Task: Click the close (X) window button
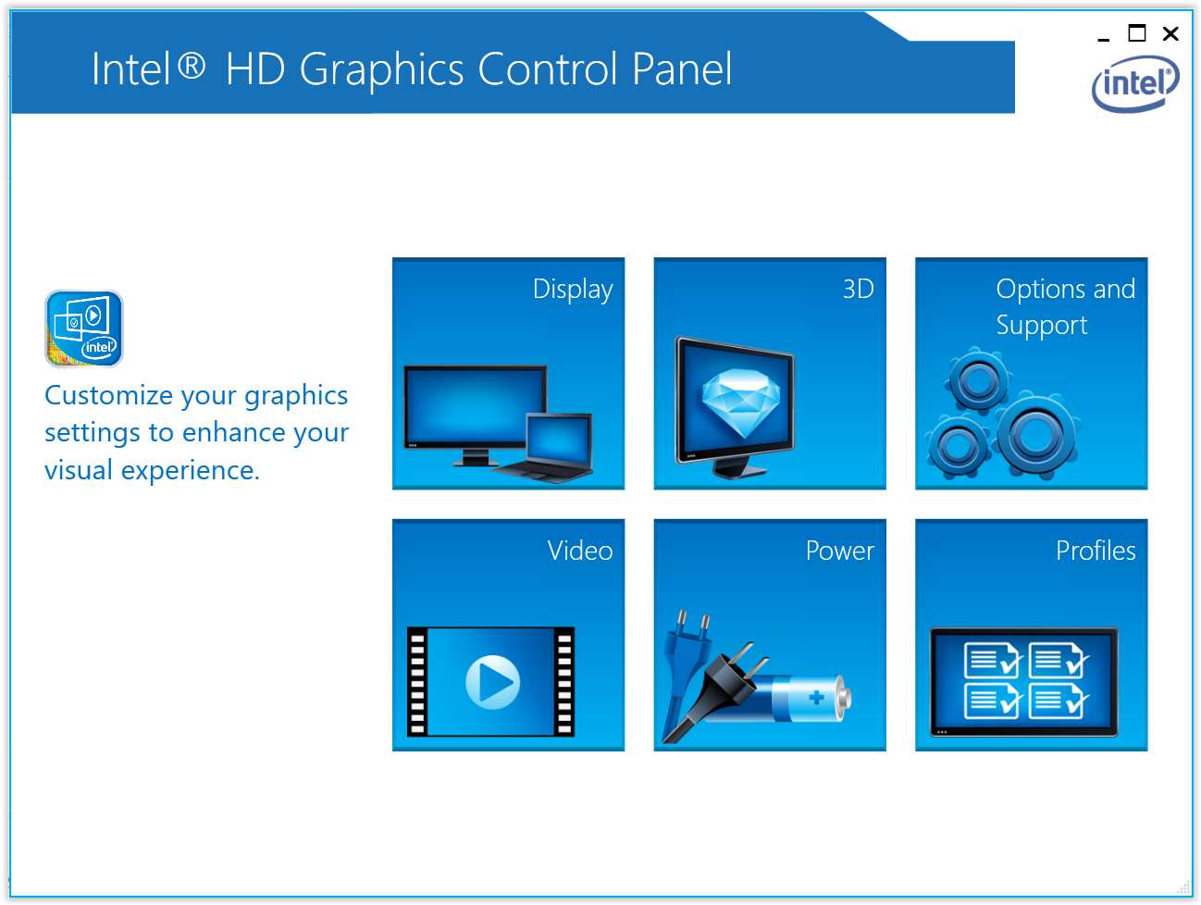point(1170,34)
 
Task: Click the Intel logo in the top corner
point(1135,83)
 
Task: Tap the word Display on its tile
point(573,290)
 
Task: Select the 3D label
point(858,289)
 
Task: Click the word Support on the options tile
point(1041,326)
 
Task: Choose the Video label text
point(580,550)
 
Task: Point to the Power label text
point(840,550)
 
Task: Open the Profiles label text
point(1096,550)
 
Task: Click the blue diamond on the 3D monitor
point(740,403)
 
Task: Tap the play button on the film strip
point(492,682)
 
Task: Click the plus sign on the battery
point(816,697)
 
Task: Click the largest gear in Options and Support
point(1035,435)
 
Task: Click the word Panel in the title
point(682,69)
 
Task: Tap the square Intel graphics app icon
point(83,329)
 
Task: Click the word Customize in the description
point(108,395)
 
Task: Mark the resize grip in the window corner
point(1183,886)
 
